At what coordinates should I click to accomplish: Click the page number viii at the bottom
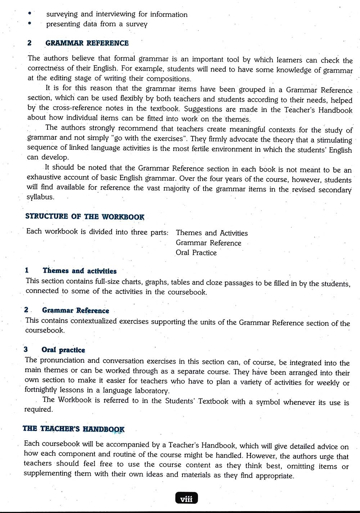tap(186, 499)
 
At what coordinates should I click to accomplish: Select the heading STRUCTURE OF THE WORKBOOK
tap(85, 217)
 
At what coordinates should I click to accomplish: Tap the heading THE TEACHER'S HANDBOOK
tap(73, 429)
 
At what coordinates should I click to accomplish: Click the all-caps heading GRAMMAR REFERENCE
tap(87, 43)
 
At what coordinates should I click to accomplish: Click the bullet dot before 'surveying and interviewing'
tap(30, 13)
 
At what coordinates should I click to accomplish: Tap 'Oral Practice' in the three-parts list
tap(196, 253)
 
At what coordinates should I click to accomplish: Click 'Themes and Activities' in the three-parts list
tap(212, 233)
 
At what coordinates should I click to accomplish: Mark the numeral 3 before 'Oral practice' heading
tap(26, 349)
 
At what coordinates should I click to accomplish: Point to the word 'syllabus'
tap(40, 197)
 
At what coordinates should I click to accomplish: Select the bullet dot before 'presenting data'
tap(30, 23)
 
